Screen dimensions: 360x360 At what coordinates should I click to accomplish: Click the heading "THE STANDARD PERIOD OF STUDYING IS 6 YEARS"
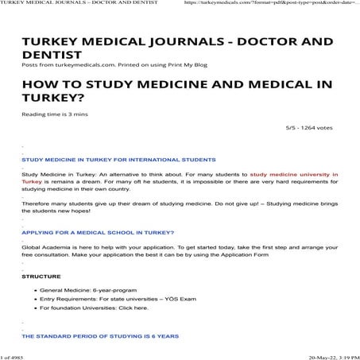click(101, 335)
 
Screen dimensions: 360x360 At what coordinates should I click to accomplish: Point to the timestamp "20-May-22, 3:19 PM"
click(327, 354)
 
